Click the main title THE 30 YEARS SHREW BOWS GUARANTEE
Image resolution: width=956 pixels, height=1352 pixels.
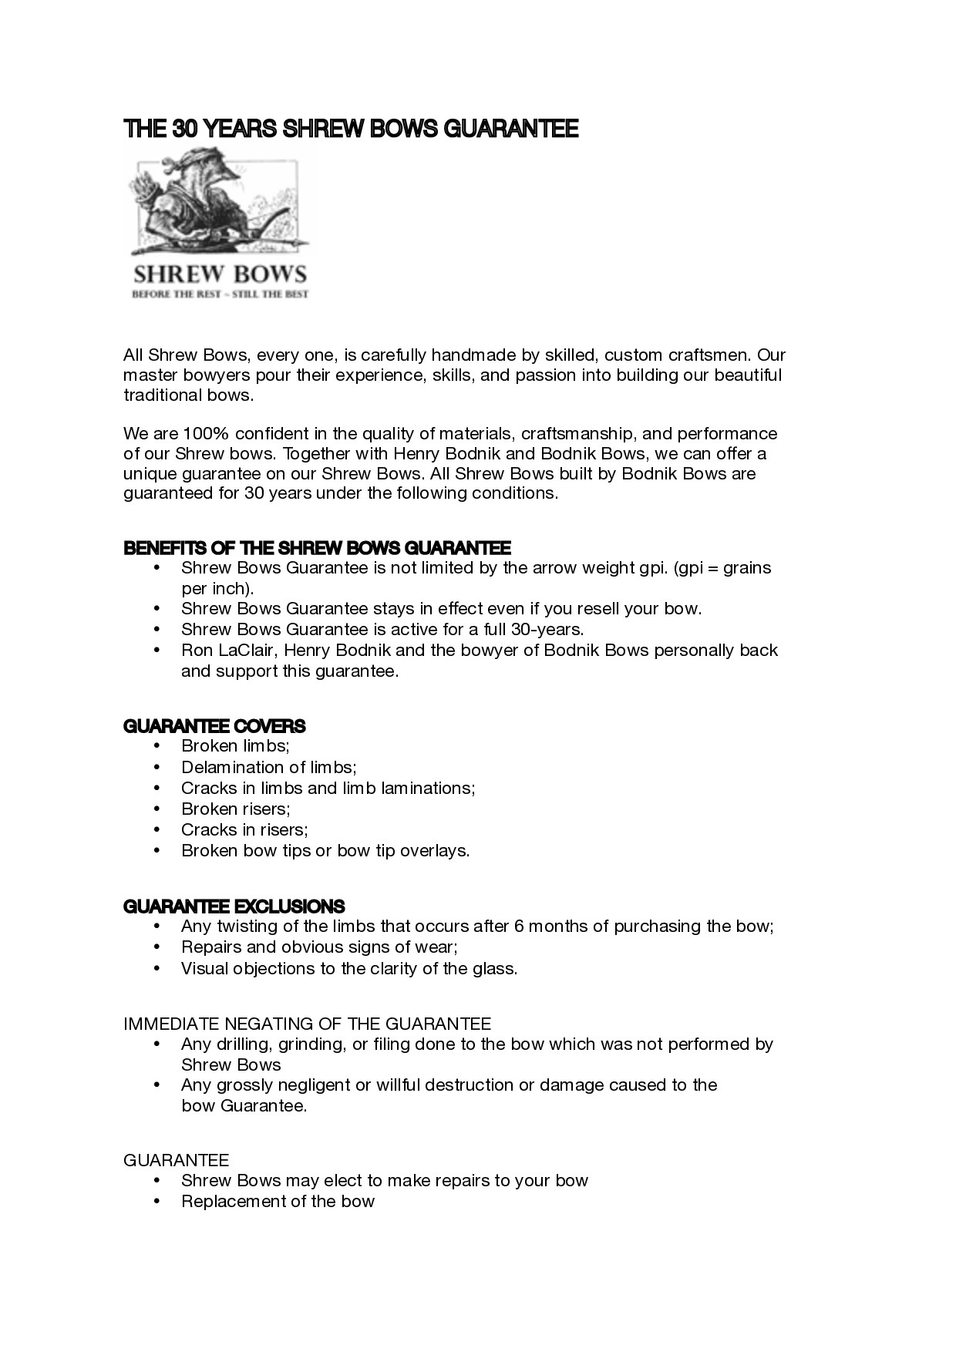pyautogui.click(x=351, y=129)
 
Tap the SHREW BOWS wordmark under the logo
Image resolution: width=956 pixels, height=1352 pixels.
pyautogui.click(x=220, y=274)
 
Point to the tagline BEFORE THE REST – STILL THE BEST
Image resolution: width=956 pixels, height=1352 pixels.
pyautogui.click(x=220, y=294)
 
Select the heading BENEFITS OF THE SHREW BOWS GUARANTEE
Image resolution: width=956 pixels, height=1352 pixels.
pyautogui.click(x=317, y=548)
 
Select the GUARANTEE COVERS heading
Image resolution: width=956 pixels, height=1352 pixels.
pyautogui.click(x=214, y=726)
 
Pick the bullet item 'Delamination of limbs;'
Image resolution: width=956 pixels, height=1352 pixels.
pyautogui.click(x=268, y=767)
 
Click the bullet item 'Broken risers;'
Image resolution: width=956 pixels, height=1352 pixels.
pyautogui.click(x=235, y=809)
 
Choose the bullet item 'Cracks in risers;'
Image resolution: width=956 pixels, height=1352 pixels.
pyautogui.click(x=244, y=829)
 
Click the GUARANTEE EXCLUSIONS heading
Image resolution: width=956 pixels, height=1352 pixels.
pyautogui.click(x=234, y=906)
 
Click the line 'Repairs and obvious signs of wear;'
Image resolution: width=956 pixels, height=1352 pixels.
pyautogui.click(x=319, y=947)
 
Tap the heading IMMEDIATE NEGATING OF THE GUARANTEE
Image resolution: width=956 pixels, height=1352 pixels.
pyautogui.click(x=307, y=1024)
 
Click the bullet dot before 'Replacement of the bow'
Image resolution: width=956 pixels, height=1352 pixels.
pyautogui.click(x=157, y=1201)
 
